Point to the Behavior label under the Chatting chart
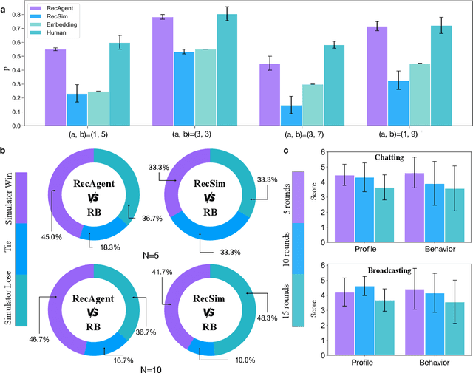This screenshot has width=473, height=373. pyautogui.click(x=435, y=249)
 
